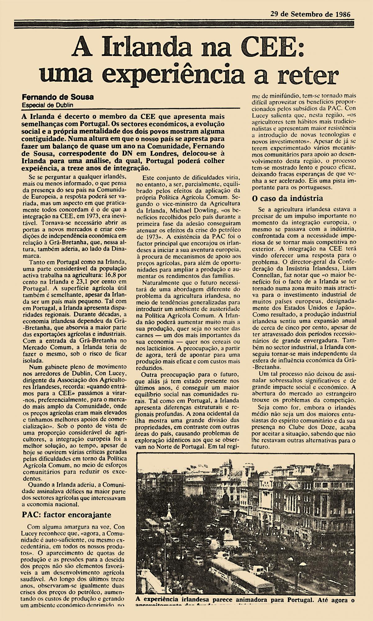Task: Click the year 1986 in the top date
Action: (x=342, y=14)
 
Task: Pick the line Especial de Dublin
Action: (x=48, y=105)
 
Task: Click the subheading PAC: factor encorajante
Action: (x=66, y=514)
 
